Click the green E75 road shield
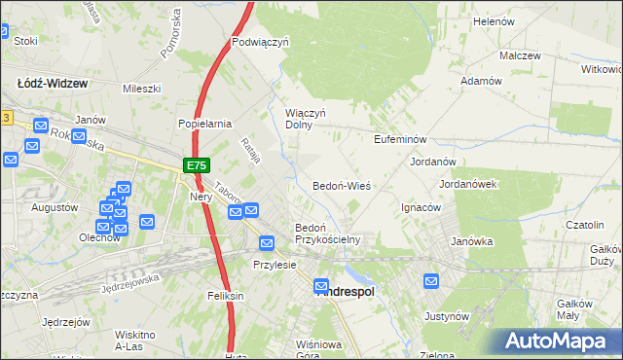pos(196,167)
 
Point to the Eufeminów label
pos(401,140)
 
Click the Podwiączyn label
pos(262,43)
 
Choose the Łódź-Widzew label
pos(53,84)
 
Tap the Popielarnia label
pos(204,125)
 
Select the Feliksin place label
pos(225,295)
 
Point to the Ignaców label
pos(422,207)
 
